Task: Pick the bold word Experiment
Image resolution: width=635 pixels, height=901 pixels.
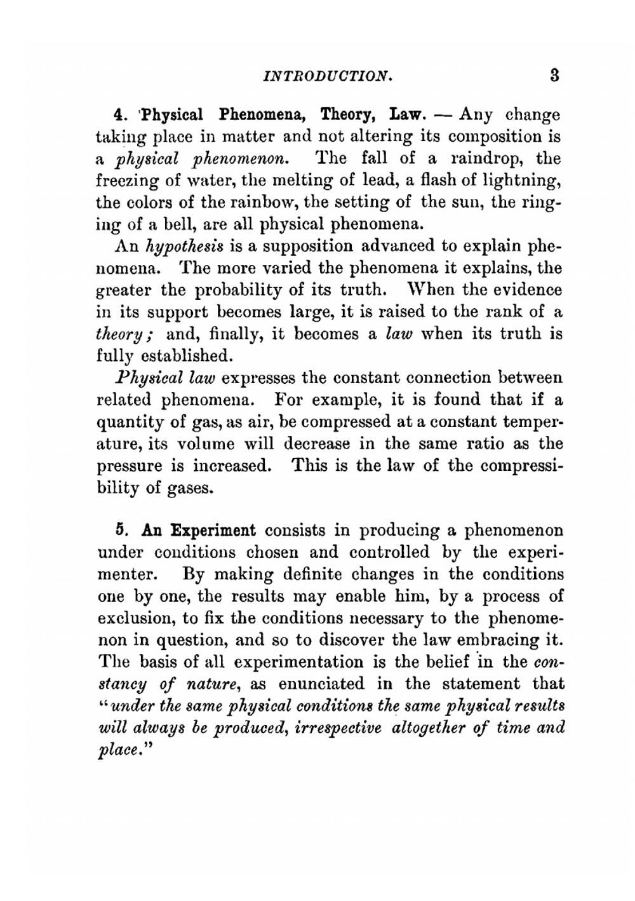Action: pos(217,530)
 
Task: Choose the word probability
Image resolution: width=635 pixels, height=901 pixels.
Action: pos(241,290)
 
